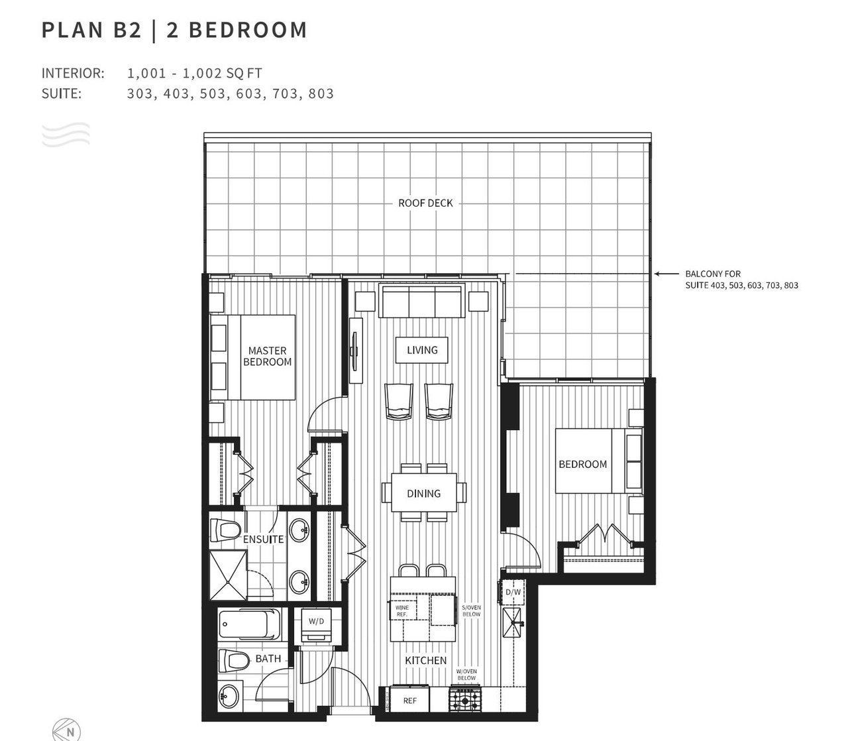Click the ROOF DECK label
pyautogui.click(x=425, y=203)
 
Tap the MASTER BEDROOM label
pyautogui.click(x=268, y=356)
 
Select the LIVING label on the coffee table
pyautogui.click(x=422, y=350)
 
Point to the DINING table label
pyautogui.click(x=423, y=493)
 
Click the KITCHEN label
pyautogui.click(x=426, y=661)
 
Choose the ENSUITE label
pyautogui.click(x=263, y=540)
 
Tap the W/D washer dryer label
pyautogui.click(x=316, y=621)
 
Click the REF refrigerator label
pyautogui.click(x=410, y=701)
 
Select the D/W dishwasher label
pyautogui.click(x=513, y=592)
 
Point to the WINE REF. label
pyautogui.click(x=402, y=611)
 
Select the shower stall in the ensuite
pyautogui.click(x=228, y=575)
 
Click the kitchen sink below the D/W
pyautogui.click(x=512, y=622)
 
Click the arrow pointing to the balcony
pyautogui.click(x=666, y=274)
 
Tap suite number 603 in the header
pyautogui.click(x=249, y=93)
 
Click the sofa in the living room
pyautogui.click(x=422, y=301)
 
